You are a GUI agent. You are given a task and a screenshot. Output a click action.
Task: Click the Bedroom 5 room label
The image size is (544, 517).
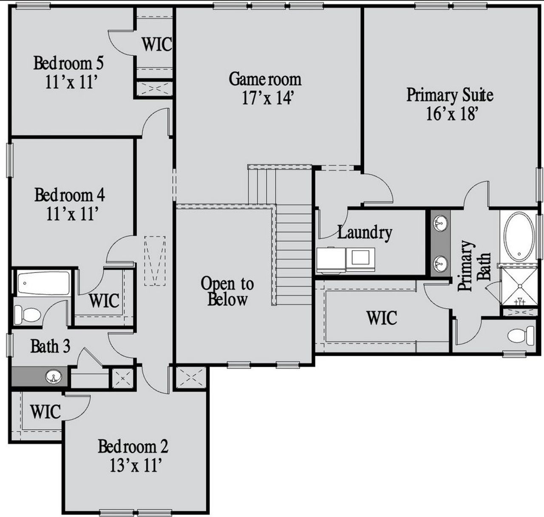(x=68, y=63)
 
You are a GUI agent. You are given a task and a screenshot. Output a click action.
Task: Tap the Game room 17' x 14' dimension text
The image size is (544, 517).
(x=268, y=98)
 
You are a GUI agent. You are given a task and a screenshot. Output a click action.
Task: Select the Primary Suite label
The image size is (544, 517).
(x=450, y=94)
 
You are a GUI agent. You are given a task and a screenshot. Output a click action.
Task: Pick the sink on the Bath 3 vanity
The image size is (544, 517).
(x=54, y=377)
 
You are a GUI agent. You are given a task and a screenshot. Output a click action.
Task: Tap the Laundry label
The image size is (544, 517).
(x=365, y=232)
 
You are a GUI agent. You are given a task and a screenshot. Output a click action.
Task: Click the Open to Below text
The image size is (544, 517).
(x=227, y=291)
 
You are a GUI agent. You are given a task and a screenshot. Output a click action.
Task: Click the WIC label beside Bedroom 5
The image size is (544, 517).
(x=157, y=44)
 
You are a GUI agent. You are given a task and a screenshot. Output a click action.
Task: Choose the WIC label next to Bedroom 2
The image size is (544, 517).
(x=45, y=411)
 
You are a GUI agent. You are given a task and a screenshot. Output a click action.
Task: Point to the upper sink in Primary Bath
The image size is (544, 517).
(x=440, y=222)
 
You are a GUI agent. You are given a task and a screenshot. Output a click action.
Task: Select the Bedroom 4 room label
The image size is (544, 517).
(x=69, y=195)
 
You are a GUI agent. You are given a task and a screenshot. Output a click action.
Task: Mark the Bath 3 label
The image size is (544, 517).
(x=50, y=346)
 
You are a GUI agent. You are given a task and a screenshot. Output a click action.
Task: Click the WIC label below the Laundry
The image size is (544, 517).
(x=382, y=317)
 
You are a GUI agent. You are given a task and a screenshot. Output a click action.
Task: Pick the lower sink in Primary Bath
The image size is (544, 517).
(x=440, y=263)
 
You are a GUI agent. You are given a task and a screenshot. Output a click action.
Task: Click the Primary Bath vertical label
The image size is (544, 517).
(x=473, y=266)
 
